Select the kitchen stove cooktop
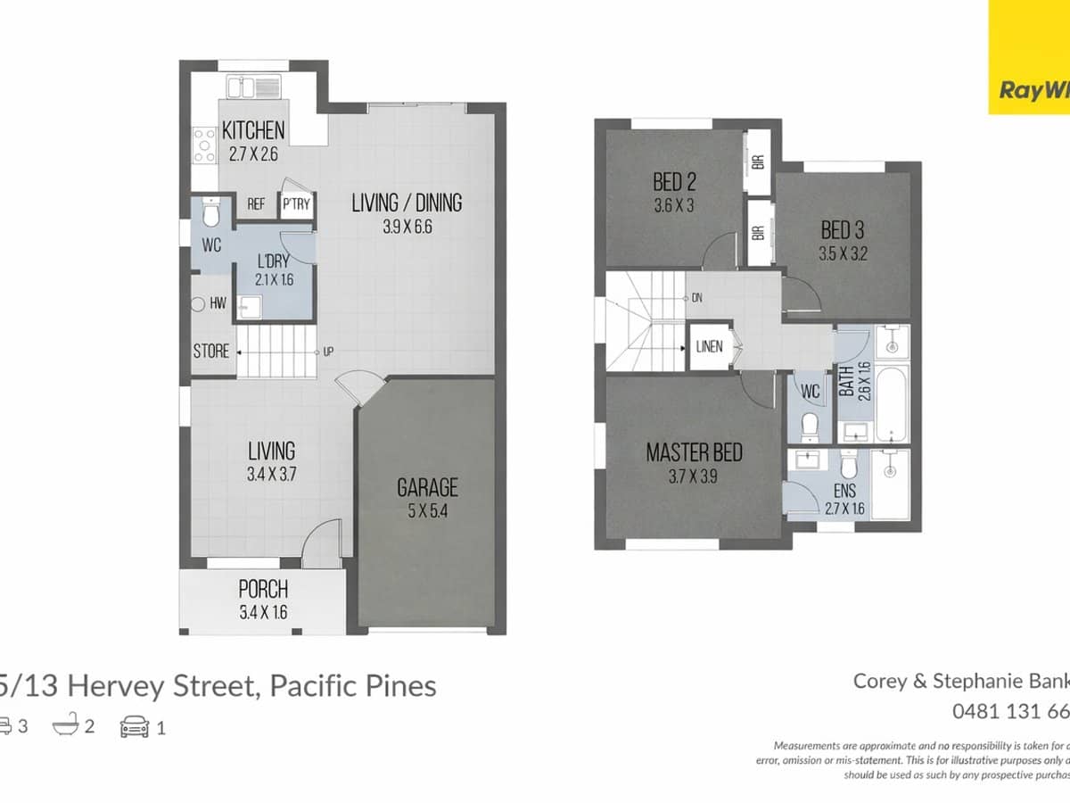click(x=204, y=145)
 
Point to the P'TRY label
click(x=296, y=204)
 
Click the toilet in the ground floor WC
click(x=210, y=215)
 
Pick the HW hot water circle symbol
click(x=200, y=304)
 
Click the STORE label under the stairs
click(x=211, y=352)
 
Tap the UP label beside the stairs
click(x=328, y=352)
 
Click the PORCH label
click(x=263, y=590)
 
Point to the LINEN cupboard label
click(x=710, y=347)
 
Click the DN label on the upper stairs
click(x=696, y=298)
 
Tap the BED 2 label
click(x=674, y=183)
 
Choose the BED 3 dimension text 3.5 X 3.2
click(x=844, y=253)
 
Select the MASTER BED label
click(x=694, y=452)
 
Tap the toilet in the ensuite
click(x=849, y=466)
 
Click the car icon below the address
click(x=135, y=727)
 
